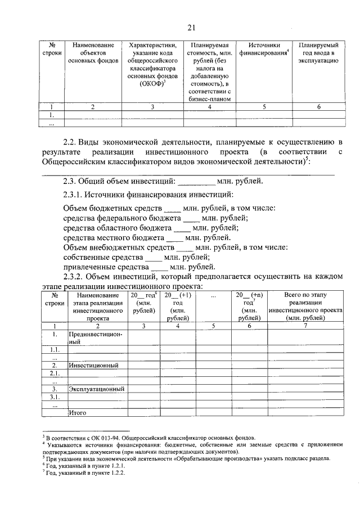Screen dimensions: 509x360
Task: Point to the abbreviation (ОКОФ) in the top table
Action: (152, 84)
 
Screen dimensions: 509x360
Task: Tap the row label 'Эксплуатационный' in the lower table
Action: (96, 389)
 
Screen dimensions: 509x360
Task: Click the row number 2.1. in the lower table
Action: (55, 373)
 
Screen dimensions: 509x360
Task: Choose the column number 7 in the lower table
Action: (305, 326)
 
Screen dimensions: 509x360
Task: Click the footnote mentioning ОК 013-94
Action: (150, 437)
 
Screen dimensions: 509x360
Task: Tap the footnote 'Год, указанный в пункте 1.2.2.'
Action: (84, 473)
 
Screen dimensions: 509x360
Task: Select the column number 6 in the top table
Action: (318, 107)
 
